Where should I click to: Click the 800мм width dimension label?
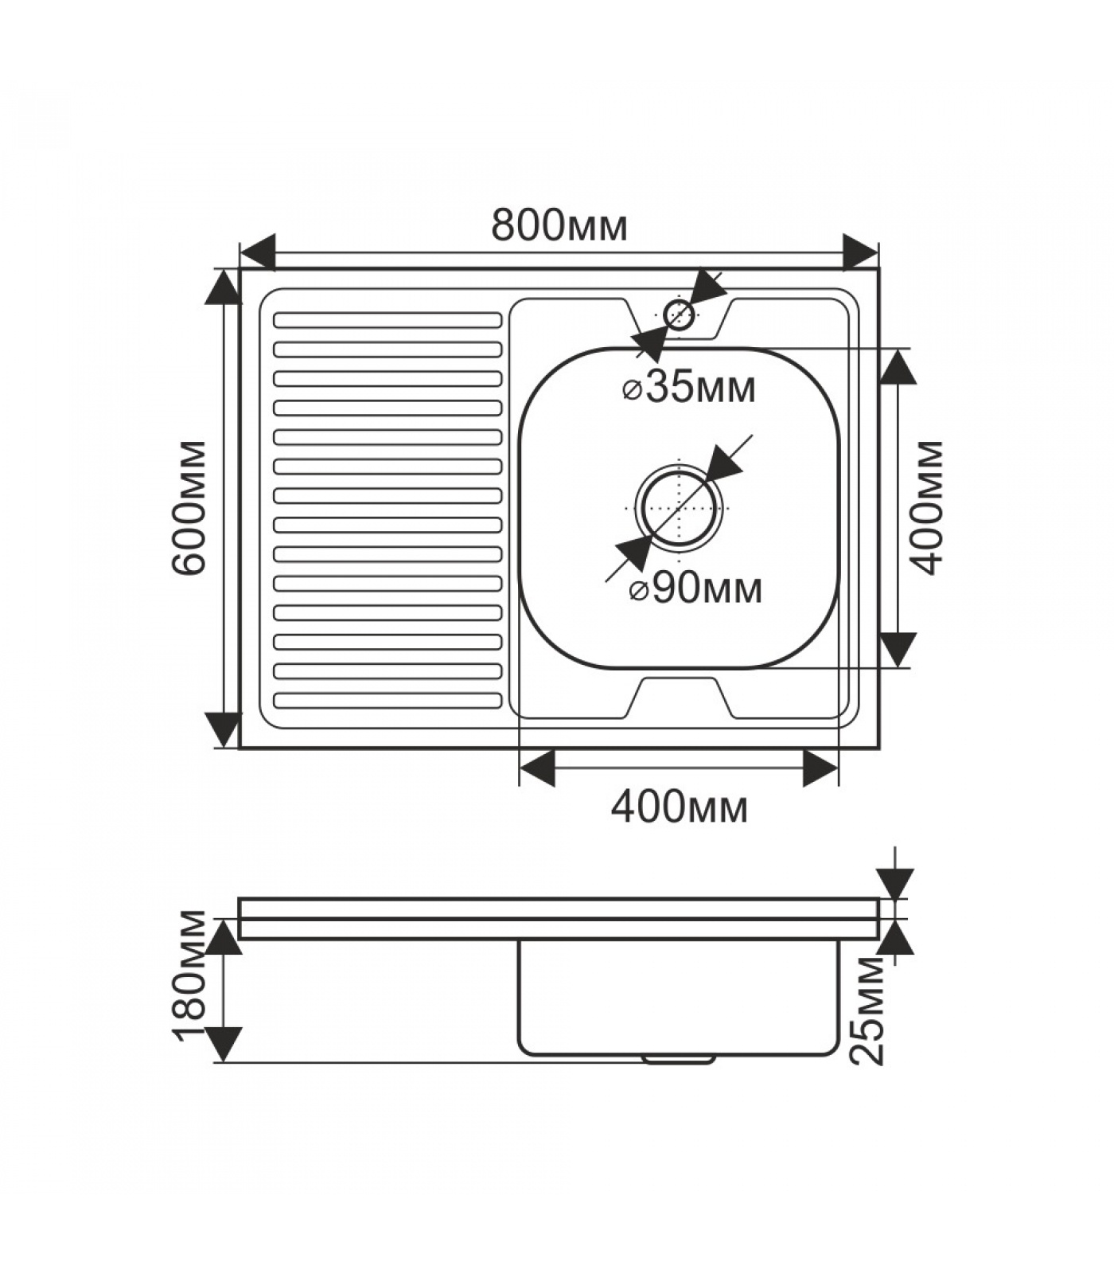(x=559, y=225)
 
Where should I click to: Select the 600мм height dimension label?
(x=190, y=506)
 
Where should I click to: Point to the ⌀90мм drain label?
(x=695, y=589)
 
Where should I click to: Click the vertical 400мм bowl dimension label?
(x=927, y=507)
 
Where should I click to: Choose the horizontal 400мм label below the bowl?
(x=679, y=807)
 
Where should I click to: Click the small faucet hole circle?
(x=679, y=315)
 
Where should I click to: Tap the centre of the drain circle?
(x=679, y=508)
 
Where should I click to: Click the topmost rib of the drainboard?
(x=388, y=320)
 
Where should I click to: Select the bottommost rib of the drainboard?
(x=388, y=700)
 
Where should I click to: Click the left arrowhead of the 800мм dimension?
(x=258, y=252)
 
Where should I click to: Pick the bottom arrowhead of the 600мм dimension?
(x=224, y=729)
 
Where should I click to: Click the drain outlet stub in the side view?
(x=678, y=1059)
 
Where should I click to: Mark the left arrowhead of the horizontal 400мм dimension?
(x=537, y=768)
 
